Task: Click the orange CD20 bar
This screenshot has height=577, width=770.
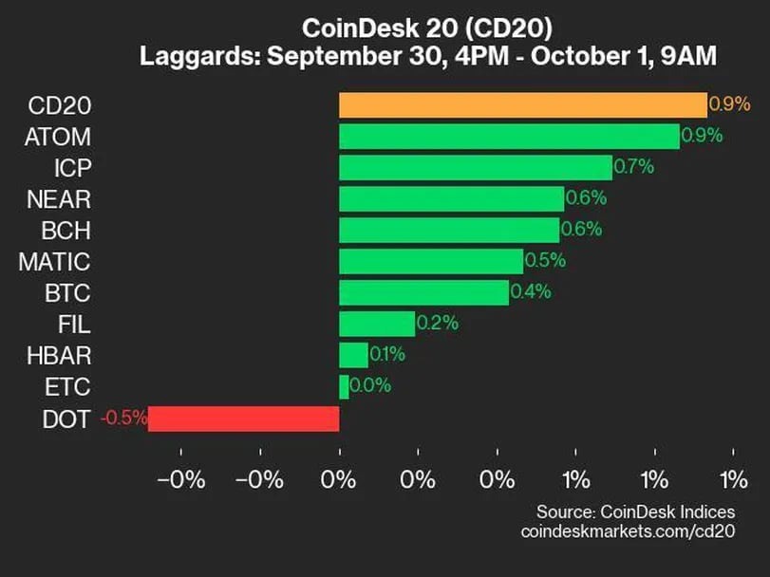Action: click(522, 105)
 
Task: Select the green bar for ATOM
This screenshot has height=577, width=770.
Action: click(509, 136)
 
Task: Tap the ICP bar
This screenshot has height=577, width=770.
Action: click(475, 167)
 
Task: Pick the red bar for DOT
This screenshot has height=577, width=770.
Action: click(243, 419)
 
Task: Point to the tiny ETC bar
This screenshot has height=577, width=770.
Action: click(344, 386)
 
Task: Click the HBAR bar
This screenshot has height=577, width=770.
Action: click(353, 355)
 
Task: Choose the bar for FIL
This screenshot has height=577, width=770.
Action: click(377, 324)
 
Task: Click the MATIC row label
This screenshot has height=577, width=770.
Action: click(54, 261)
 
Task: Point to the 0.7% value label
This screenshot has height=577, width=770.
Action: click(633, 167)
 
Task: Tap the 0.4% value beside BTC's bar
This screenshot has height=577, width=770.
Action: click(530, 292)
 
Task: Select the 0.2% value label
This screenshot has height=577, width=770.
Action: click(437, 324)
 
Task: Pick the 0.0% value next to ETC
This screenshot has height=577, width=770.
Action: click(369, 386)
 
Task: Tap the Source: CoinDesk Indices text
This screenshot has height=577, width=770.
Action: click(635, 512)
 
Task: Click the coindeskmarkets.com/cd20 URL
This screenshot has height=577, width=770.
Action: click(628, 531)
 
